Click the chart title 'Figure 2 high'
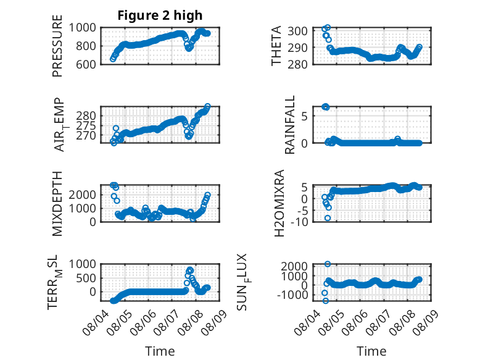point(160,15)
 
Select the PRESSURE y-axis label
point(57,46)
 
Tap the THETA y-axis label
point(276,46)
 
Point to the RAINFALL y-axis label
point(289,125)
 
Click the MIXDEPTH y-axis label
point(57,204)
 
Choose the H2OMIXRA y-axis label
point(279,203)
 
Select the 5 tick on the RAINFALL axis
point(304,116)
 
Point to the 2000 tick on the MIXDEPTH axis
point(82,195)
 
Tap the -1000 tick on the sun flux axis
point(292,295)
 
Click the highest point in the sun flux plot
point(328,264)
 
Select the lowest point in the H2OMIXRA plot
point(328,218)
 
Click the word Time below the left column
point(160,351)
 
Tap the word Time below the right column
point(371,351)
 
